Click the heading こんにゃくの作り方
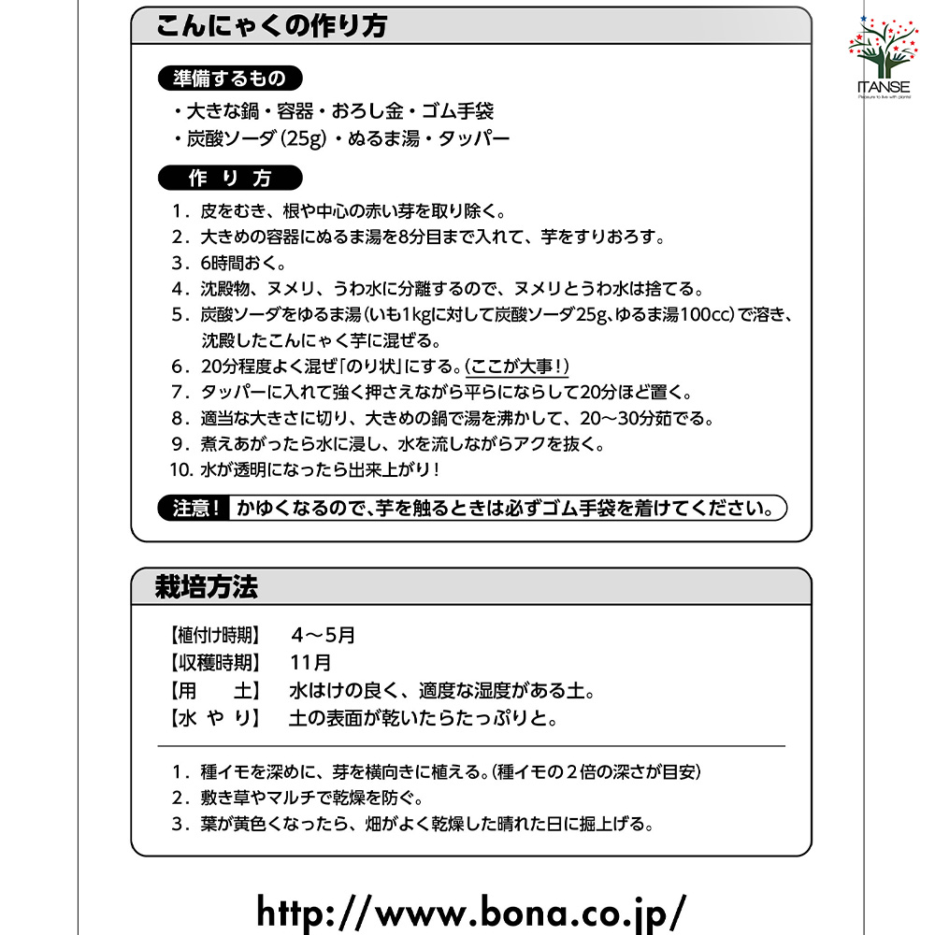coord(271,25)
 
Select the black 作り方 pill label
coord(230,178)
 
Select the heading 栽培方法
coord(207,587)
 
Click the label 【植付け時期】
coord(214,635)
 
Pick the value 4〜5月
coord(323,635)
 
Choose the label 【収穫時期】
coord(214,663)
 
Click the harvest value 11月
coord(310,663)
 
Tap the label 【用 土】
coord(214,692)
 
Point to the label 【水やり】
coord(214,719)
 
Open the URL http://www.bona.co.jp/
coord(471,909)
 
